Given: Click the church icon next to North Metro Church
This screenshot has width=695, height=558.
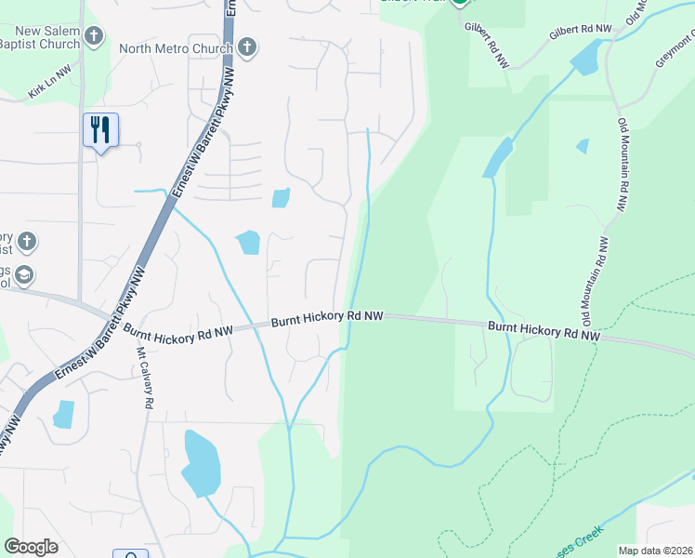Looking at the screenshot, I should coord(246,46).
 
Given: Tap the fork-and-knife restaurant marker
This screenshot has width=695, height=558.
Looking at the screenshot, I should coord(100,130).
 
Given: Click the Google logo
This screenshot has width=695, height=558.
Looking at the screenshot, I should coord(31,547).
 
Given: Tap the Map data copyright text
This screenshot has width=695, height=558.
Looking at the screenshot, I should coord(656,551).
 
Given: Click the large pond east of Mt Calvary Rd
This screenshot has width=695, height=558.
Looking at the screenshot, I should coord(202,463).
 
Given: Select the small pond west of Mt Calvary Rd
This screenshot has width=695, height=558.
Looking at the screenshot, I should coord(63,414).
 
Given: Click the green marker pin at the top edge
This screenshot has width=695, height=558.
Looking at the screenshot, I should coord(460,4).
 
